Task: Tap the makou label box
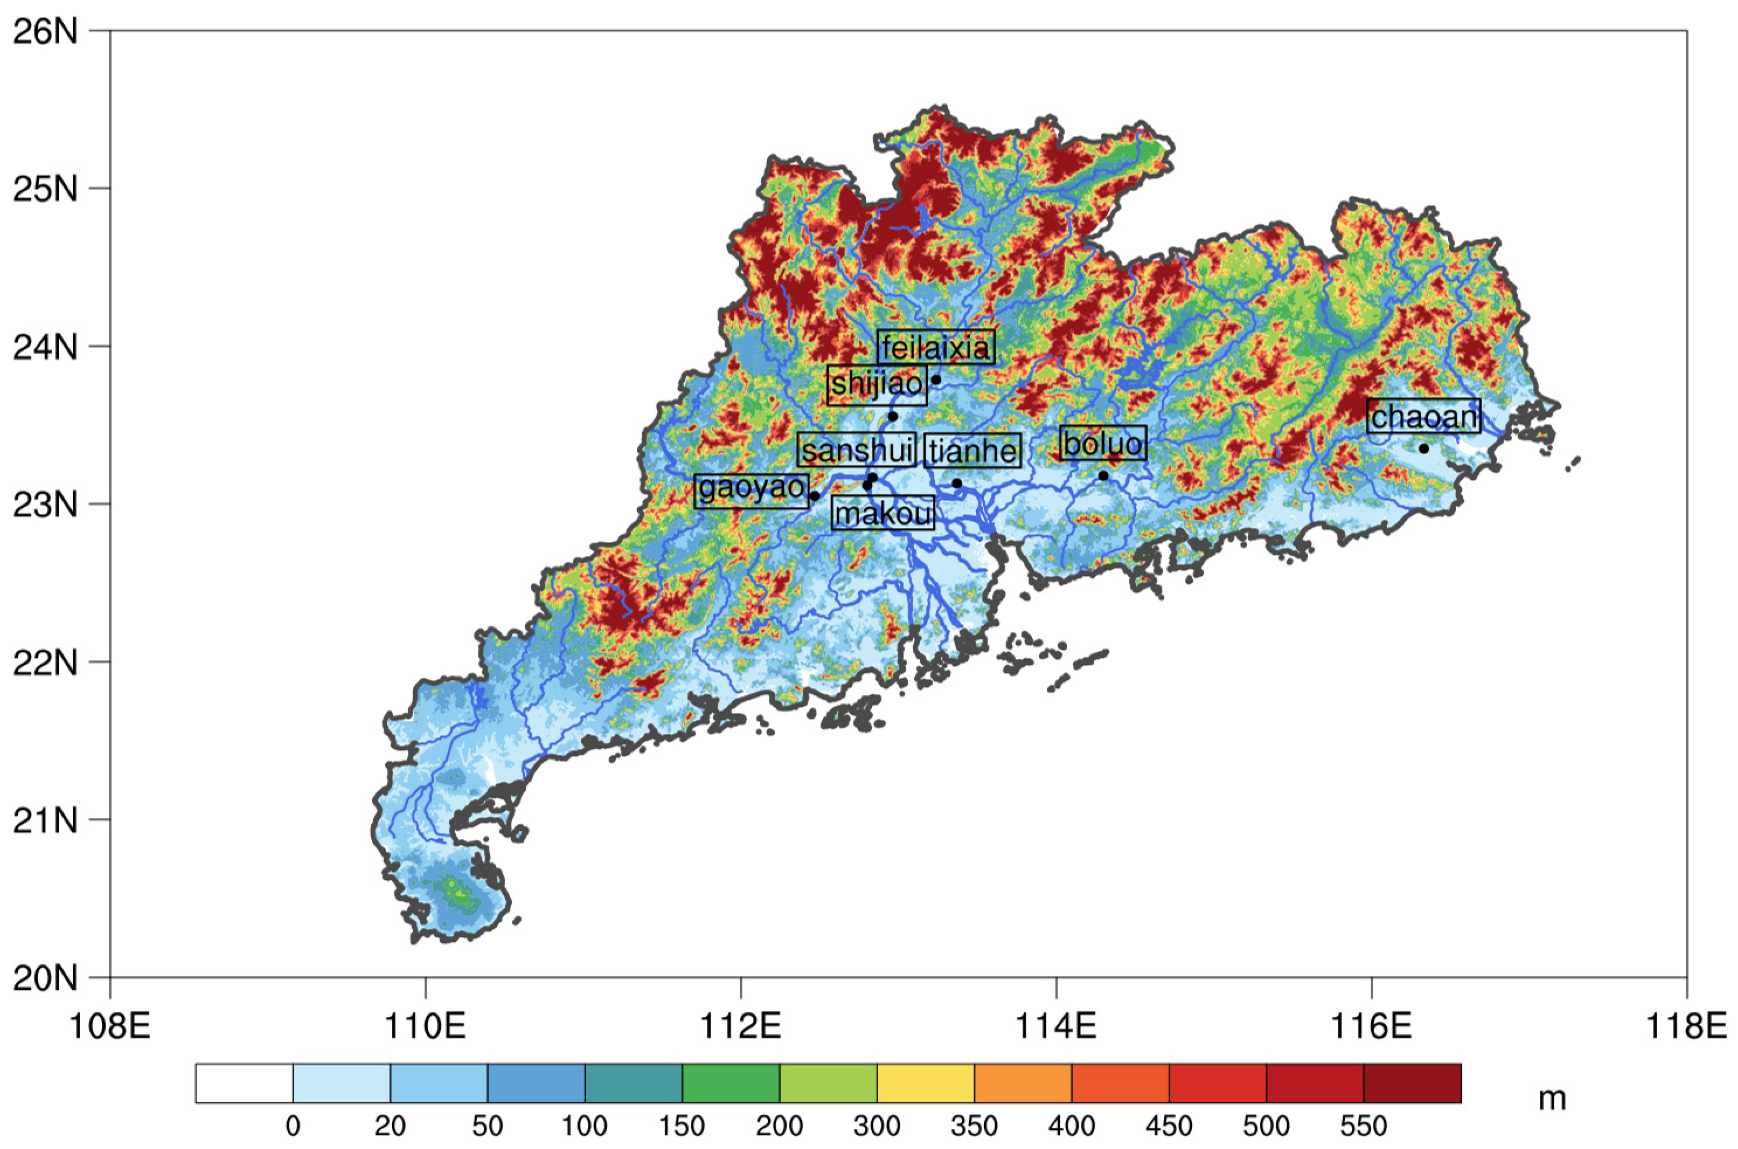(883, 513)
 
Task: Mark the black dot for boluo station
(1104, 476)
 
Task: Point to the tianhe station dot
(956, 483)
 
